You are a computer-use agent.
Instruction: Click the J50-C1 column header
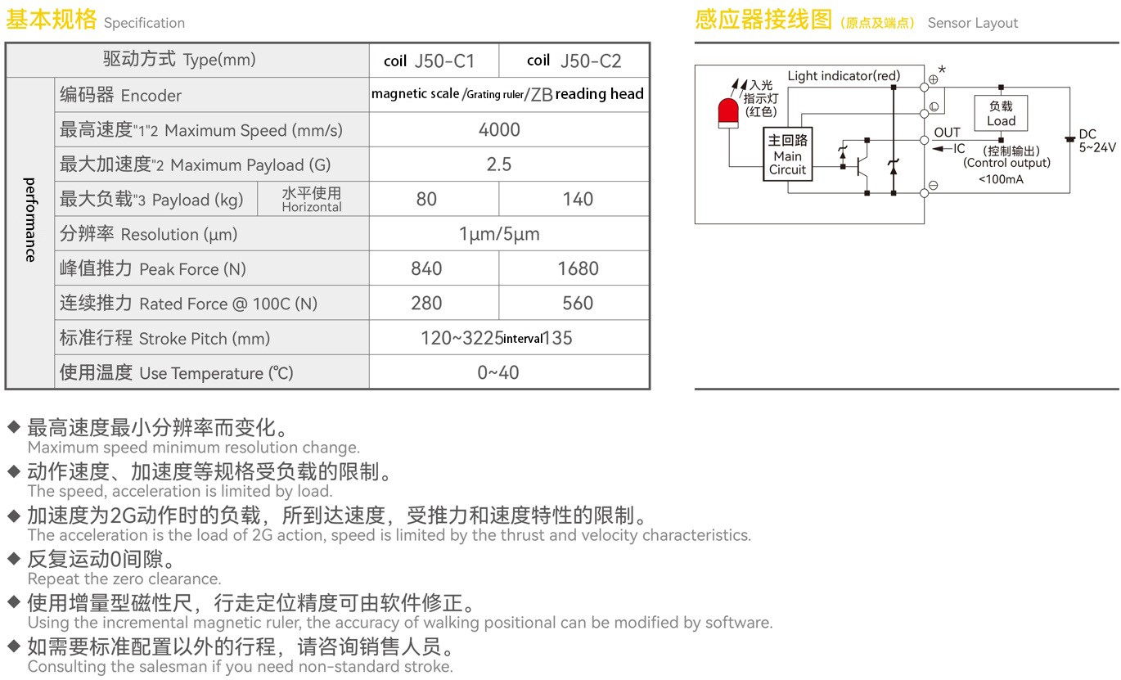pyautogui.click(x=430, y=61)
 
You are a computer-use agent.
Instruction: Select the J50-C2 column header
pyautogui.click(x=574, y=61)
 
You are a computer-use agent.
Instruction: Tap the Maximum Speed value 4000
pyautogui.click(x=499, y=130)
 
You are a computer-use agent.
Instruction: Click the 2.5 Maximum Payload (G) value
pyautogui.click(x=499, y=164)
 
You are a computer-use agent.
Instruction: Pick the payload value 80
pyautogui.click(x=426, y=199)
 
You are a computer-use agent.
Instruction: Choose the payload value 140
pyautogui.click(x=578, y=199)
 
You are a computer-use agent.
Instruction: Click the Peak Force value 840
pyautogui.click(x=426, y=268)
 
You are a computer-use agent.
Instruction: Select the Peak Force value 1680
pyautogui.click(x=578, y=268)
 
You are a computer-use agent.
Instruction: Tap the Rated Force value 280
pyautogui.click(x=426, y=304)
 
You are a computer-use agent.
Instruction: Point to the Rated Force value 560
pyautogui.click(x=578, y=304)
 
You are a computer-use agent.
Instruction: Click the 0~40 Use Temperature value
pyautogui.click(x=498, y=372)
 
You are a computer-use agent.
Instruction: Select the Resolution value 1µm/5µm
pyautogui.click(x=499, y=234)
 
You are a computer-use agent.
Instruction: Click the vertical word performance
pyautogui.click(x=30, y=219)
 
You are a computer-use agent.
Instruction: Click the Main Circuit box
pyautogui.click(x=787, y=155)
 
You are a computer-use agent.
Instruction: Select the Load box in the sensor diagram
pyautogui.click(x=1001, y=113)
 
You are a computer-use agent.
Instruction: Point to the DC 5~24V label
pyautogui.click(x=1096, y=142)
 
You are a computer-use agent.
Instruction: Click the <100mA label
pyautogui.click(x=1001, y=179)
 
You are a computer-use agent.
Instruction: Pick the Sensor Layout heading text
pyautogui.click(x=973, y=23)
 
